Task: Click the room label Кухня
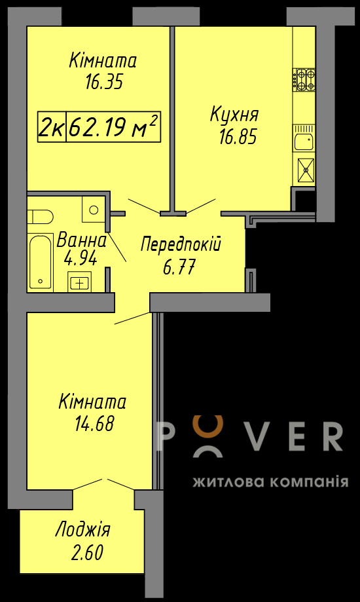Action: (x=234, y=115)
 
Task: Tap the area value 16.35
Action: (x=103, y=82)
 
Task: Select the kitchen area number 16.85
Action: (x=238, y=137)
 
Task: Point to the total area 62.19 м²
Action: (x=114, y=127)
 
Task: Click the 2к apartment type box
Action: (x=52, y=127)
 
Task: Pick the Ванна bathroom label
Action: (x=81, y=241)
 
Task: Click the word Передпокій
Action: (x=181, y=244)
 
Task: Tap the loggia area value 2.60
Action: (x=87, y=554)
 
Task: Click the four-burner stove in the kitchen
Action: (x=304, y=79)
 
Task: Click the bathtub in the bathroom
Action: (x=41, y=261)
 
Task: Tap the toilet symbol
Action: (x=39, y=217)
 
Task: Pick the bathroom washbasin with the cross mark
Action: (x=79, y=282)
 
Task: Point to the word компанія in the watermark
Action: (x=310, y=481)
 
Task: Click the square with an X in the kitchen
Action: (x=306, y=169)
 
